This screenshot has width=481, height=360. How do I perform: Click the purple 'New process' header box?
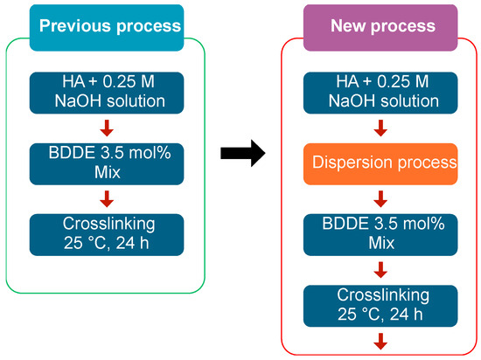(x=380, y=25)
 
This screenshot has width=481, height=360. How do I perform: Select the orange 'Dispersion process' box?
(x=381, y=163)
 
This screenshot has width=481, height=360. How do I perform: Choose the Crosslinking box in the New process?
(x=381, y=301)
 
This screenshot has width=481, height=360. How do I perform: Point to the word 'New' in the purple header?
(x=351, y=25)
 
